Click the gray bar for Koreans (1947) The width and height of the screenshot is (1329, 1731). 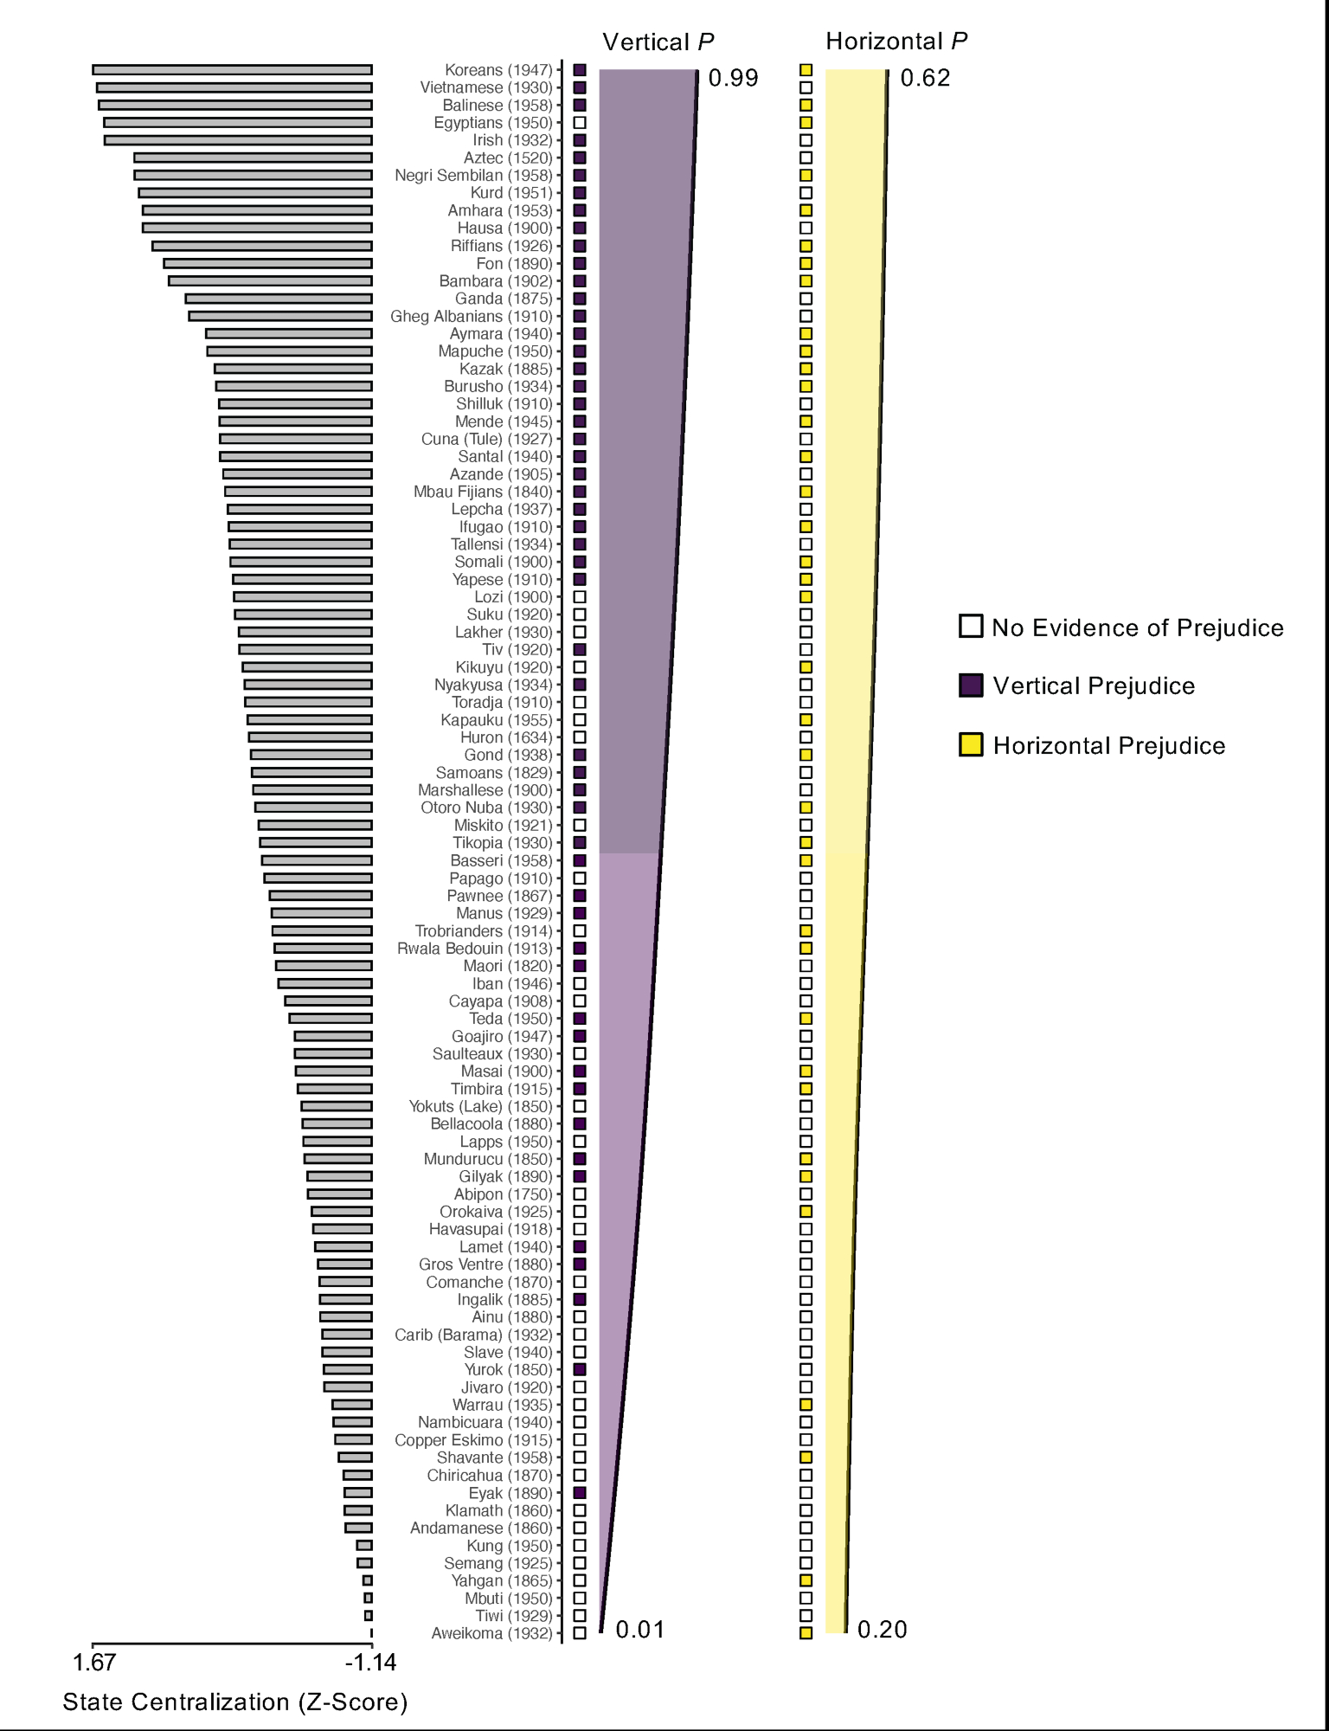click(232, 70)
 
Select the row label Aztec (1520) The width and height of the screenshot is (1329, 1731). click(508, 158)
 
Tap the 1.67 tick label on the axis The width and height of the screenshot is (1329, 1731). click(93, 1663)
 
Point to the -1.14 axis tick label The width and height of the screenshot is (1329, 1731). click(370, 1663)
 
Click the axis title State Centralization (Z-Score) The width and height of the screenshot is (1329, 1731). click(234, 1702)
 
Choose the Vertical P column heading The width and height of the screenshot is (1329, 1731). click(658, 42)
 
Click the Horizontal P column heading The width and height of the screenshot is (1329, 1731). click(896, 42)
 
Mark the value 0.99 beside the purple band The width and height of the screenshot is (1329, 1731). click(733, 79)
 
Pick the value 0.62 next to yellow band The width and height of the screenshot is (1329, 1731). click(925, 79)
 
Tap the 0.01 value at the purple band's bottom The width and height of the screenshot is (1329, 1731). click(640, 1631)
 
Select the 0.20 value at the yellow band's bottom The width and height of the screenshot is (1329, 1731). click(882, 1631)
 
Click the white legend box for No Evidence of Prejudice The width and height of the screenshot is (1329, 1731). click(971, 627)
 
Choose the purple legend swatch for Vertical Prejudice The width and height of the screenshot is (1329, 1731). click(971, 685)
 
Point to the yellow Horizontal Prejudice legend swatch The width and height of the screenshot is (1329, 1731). click(971, 745)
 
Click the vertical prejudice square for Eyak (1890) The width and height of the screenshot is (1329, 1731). click(580, 1493)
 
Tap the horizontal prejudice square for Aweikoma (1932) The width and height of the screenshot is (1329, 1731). click(806, 1633)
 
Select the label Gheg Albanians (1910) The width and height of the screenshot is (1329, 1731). click(471, 316)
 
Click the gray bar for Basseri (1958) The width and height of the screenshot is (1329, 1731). click(317, 860)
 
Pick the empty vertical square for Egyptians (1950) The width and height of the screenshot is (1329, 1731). click(580, 123)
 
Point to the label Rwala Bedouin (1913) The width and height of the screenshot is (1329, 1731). click(474, 949)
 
